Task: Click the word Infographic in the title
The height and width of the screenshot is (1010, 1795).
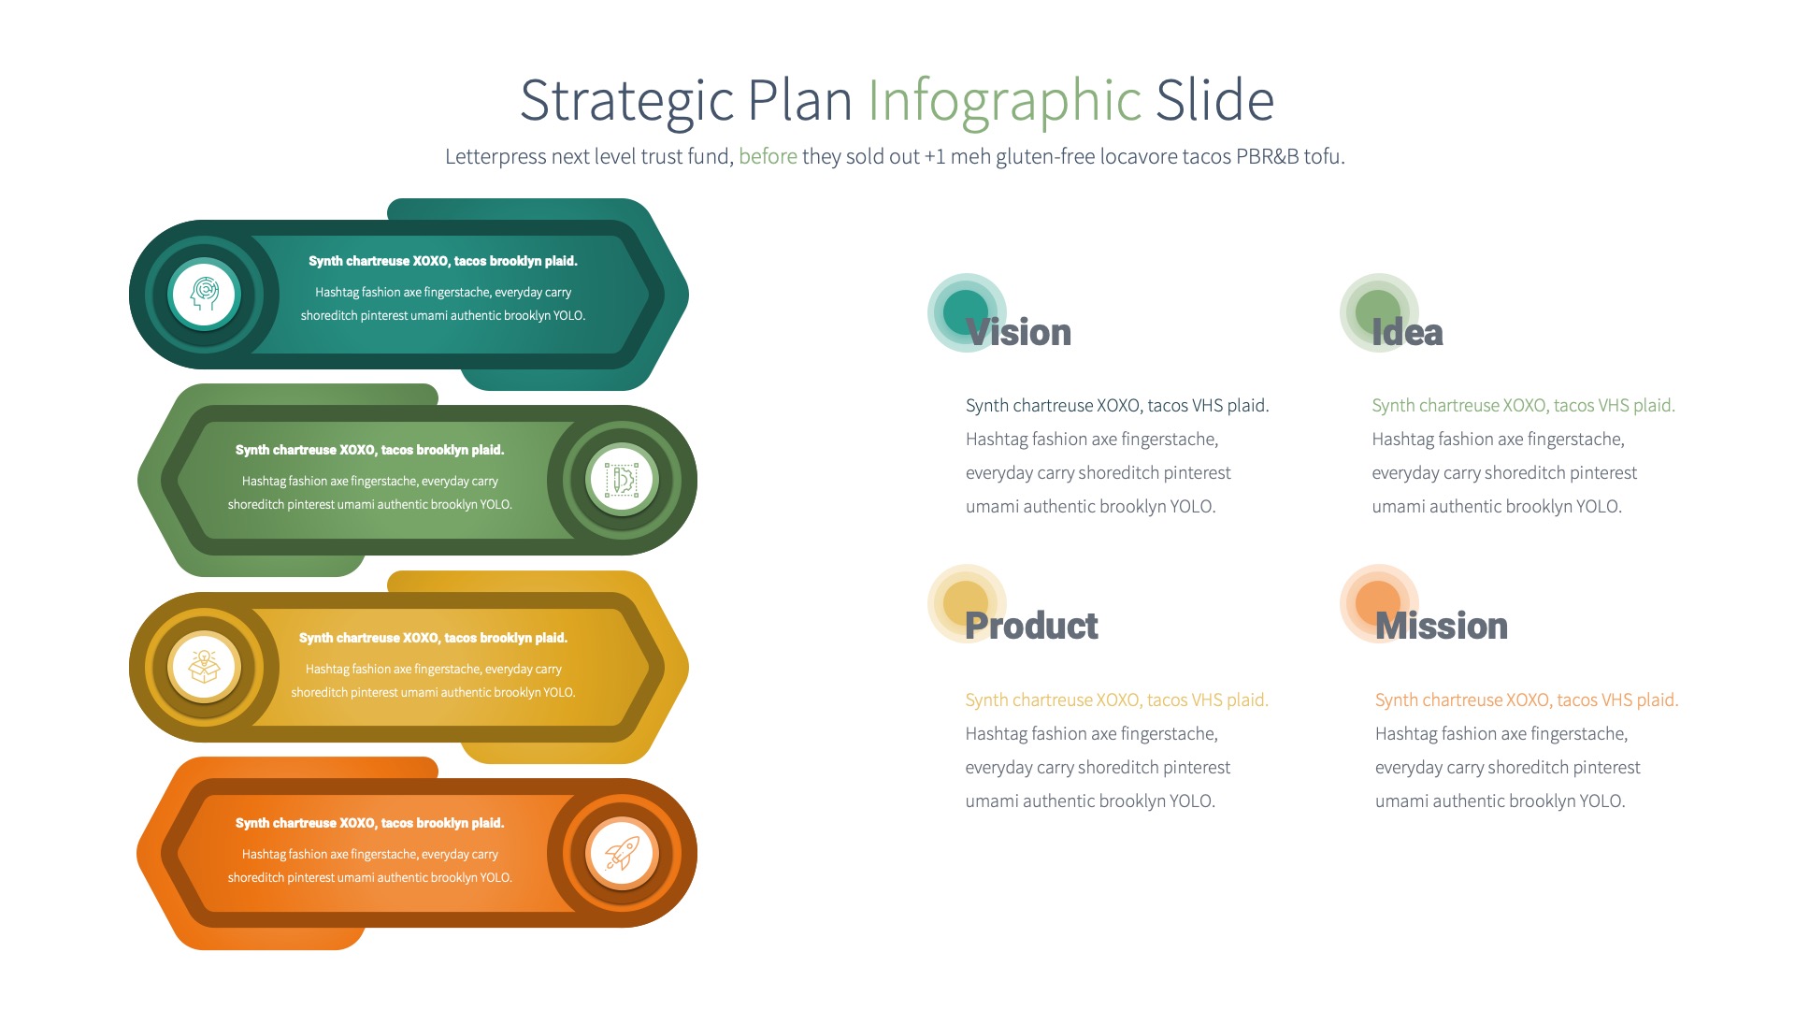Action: [x=1004, y=101]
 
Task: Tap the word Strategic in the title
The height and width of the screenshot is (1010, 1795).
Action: [x=625, y=101]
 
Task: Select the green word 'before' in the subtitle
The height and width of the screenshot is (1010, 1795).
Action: [x=768, y=156]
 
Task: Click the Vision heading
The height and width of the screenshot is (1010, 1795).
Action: [x=1018, y=333]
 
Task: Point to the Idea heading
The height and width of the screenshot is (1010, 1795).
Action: [x=1407, y=333]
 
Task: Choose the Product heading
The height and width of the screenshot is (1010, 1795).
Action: [x=1031, y=626]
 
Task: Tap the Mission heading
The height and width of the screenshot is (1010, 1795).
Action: [x=1441, y=626]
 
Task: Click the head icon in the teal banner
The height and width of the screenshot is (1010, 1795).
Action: [x=205, y=294]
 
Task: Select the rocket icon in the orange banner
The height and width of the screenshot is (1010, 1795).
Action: [x=622, y=853]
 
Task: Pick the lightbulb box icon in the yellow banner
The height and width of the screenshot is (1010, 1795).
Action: [x=205, y=667]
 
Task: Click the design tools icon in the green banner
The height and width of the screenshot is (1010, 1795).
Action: [x=622, y=480]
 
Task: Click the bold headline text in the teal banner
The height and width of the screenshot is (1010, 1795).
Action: [x=443, y=261]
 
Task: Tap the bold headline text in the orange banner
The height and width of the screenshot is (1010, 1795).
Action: [x=369, y=823]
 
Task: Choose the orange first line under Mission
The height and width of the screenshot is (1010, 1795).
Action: [x=1526, y=700]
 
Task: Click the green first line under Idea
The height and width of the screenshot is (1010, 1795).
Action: [x=1523, y=405]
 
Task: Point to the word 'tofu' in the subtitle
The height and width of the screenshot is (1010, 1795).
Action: [x=1322, y=156]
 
